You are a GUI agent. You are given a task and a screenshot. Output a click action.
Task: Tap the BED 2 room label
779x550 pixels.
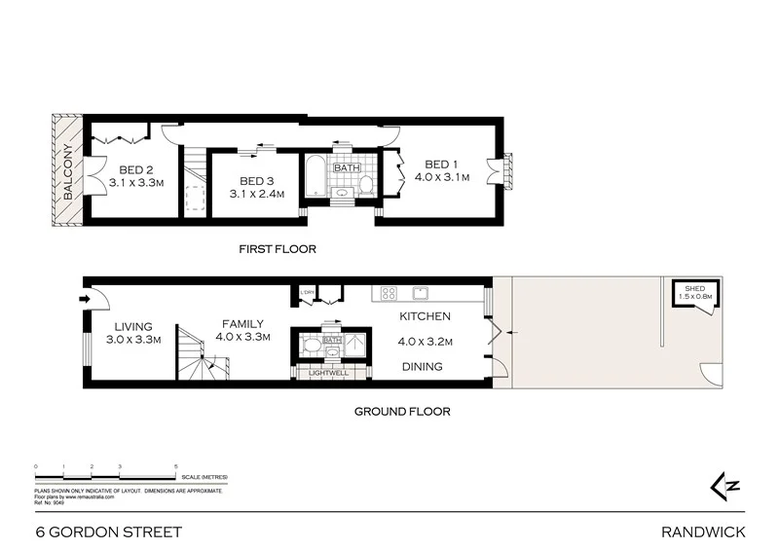(126, 166)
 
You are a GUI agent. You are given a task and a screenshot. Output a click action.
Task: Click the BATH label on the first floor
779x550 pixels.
(347, 167)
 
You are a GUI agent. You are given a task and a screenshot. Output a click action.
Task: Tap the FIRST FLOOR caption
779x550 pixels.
(278, 249)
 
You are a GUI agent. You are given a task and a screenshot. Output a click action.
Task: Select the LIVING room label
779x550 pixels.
(133, 327)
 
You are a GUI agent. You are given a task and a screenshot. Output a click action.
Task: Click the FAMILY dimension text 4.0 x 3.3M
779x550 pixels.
(242, 337)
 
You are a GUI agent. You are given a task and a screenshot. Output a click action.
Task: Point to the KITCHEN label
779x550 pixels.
(426, 316)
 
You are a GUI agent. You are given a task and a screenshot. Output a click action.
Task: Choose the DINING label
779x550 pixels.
(422, 367)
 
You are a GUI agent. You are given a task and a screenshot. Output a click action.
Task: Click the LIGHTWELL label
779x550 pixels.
(328, 373)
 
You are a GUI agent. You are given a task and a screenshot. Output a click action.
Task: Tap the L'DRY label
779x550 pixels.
(308, 292)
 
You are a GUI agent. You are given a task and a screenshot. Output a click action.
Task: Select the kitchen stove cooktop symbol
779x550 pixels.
(387, 292)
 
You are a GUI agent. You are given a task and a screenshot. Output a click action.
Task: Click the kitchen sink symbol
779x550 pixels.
(422, 291)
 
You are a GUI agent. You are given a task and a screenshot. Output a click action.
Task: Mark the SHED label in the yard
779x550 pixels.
(694, 289)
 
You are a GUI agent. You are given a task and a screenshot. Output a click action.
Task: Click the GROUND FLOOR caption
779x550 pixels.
(401, 412)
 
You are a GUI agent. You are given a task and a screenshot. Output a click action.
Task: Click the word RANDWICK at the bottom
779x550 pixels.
(702, 532)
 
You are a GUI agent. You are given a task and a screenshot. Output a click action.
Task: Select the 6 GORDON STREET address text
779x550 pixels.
(108, 532)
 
